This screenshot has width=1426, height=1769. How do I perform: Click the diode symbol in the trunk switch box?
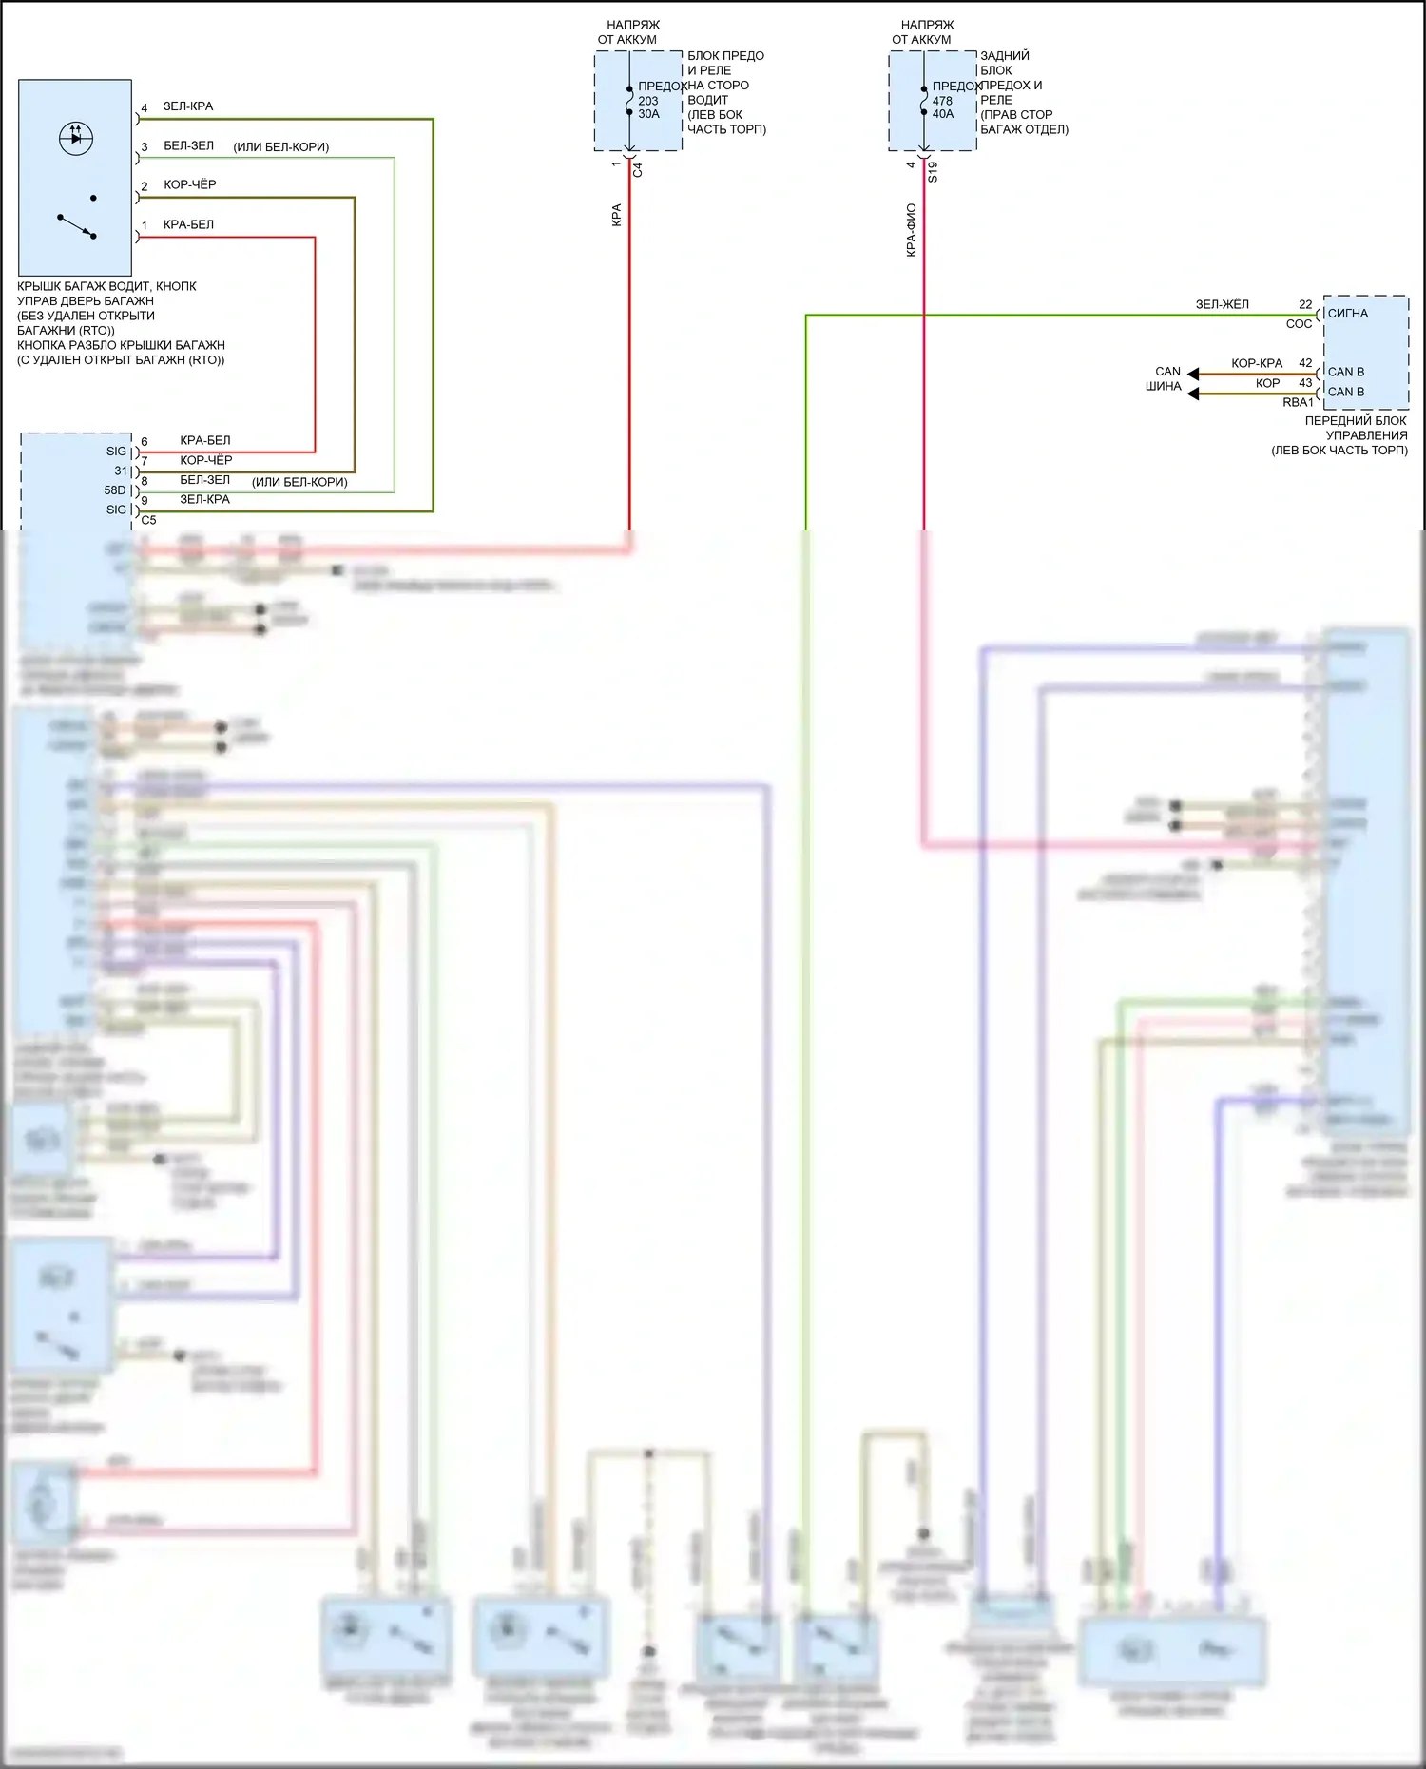[76, 138]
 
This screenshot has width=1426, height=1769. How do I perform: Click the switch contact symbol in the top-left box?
[77, 226]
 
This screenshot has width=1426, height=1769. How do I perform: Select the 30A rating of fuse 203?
[648, 114]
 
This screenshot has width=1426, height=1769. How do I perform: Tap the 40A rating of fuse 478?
[942, 114]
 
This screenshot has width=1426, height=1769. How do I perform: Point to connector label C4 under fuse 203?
[638, 170]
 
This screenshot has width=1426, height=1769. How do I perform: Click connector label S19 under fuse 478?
[933, 172]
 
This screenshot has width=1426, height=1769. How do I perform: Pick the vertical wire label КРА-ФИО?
[911, 230]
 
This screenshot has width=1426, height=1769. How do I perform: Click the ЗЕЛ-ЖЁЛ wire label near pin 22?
[1222, 304]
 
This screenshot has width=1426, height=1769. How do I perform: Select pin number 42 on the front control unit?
[1305, 363]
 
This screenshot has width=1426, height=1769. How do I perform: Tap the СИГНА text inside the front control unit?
[1347, 313]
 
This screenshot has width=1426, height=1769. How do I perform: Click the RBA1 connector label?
[1298, 402]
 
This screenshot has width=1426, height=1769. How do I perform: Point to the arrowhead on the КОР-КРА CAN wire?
[1193, 374]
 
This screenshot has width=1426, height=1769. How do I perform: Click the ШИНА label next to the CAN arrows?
[1163, 386]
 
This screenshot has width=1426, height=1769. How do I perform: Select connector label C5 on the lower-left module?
[148, 520]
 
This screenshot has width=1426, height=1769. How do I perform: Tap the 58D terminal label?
[114, 490]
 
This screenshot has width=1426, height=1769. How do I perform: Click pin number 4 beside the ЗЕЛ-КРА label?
[145, 108]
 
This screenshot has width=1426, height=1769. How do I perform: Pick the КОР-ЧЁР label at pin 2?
[189, 184]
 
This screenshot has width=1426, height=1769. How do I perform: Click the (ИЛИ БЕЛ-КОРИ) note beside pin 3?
[280, 147]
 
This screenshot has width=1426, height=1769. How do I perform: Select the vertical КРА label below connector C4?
[616, 215]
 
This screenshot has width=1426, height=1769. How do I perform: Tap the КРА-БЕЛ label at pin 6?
[204, 440]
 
